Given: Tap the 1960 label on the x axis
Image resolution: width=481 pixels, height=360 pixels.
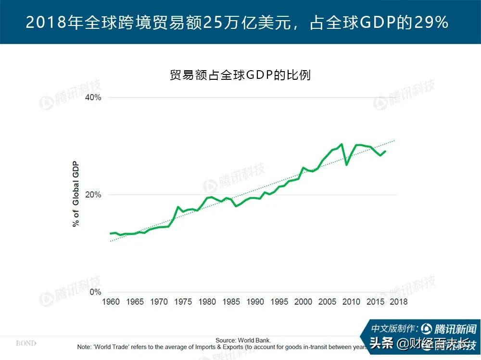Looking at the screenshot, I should (x=111, y=302).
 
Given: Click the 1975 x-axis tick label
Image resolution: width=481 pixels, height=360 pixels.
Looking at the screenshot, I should (x=183, y=302).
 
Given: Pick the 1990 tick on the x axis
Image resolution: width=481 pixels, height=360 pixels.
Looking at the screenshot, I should (x=255, y=302).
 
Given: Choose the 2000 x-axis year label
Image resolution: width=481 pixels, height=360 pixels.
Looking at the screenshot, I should (x=303, y=302).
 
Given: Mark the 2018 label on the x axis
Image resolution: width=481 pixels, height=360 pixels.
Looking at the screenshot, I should (x=398, y=302).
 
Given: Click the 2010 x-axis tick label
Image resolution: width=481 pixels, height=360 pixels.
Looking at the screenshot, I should (x=351, y=302).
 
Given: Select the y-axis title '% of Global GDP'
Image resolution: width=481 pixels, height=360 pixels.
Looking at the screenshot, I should (x=76, y=195).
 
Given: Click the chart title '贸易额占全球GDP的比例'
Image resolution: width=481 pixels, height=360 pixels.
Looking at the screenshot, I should (x=240, y=75).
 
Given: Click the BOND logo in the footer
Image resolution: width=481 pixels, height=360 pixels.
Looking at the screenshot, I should (x=26, y=343).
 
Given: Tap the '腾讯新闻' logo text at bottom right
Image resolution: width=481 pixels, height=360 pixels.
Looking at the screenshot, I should (x=455, y=329).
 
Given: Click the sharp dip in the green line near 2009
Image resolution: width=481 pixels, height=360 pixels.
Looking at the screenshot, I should (x=346, y=165).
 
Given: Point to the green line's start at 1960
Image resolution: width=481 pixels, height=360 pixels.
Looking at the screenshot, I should (x=111, y=233).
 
